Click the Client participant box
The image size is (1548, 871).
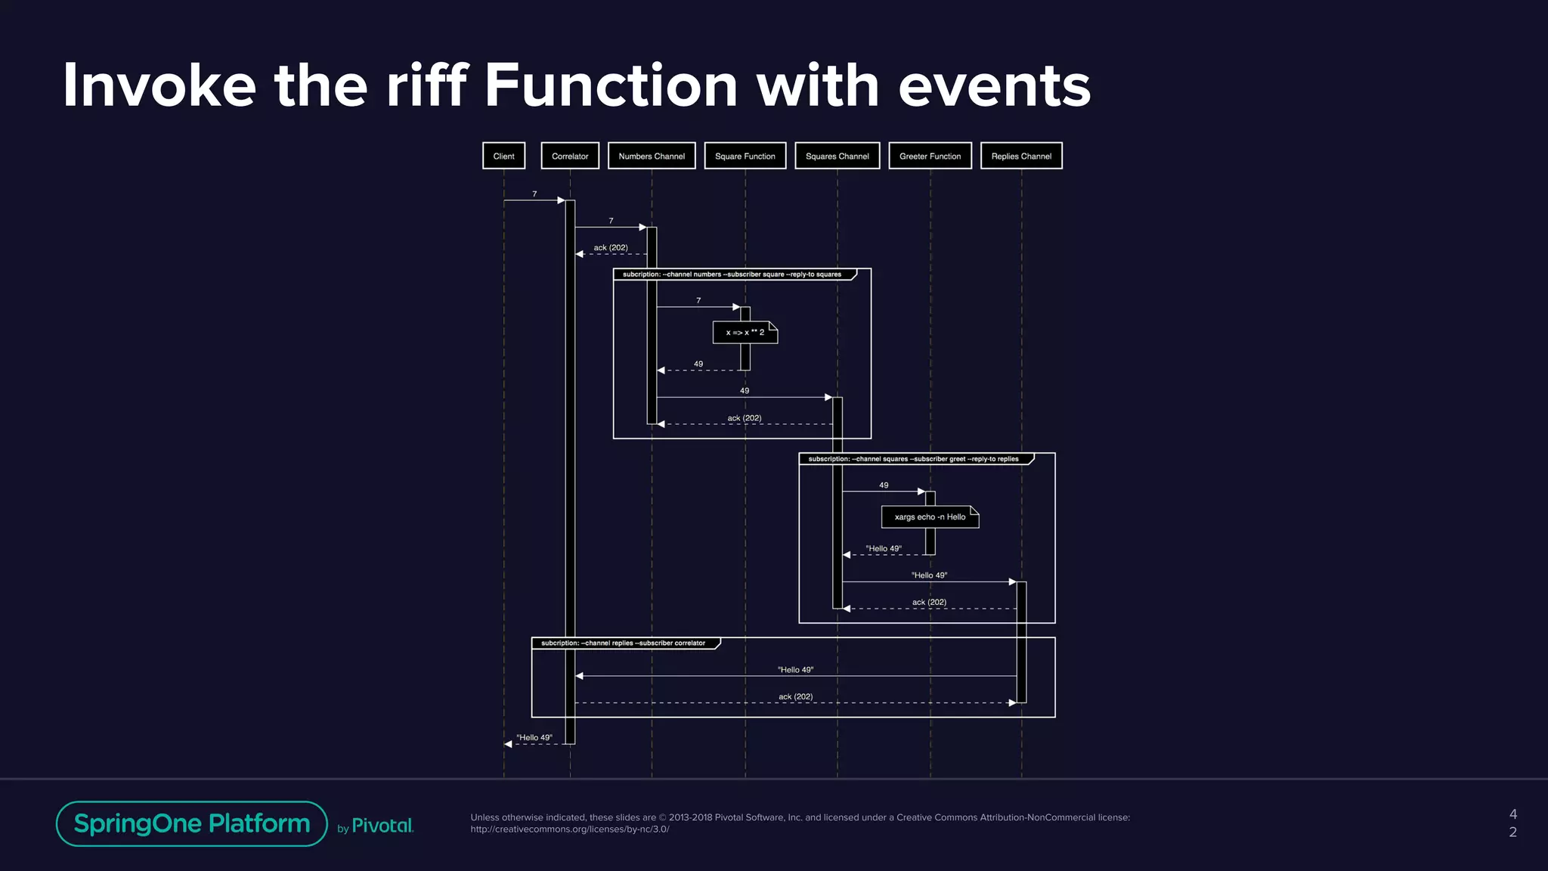click(x=503, y=156)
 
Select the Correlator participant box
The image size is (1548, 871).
click(x=570, y=156)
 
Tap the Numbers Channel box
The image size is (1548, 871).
click(x=652, y=156)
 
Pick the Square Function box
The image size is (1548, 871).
click(x=745, y=156)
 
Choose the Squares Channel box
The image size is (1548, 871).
click(x=837, y=156)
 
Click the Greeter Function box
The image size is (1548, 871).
click(x=930, y=156)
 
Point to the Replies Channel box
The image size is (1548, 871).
click(x=1021, y=156)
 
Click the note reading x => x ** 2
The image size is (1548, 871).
click(x=745, y=333)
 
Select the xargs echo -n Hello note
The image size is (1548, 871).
click(x=930, y=517)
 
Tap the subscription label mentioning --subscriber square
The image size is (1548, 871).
click(x=732, y=274)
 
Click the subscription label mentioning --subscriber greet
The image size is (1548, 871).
click(x=913, y=459)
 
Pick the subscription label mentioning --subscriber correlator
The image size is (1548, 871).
click(x=623, y=643)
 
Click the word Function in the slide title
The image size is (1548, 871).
click(x=610, y=85)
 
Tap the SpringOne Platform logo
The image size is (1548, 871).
click(x=192, y=823)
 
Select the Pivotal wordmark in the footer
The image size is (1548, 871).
click(x=382, y=826)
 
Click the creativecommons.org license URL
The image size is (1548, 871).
click(x=570, y=829)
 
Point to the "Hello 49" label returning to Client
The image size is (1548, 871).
click(x=534, y=737)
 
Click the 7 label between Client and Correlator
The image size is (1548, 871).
click(x=534, y=194)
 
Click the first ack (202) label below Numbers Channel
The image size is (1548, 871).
click(x=611, y=248)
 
